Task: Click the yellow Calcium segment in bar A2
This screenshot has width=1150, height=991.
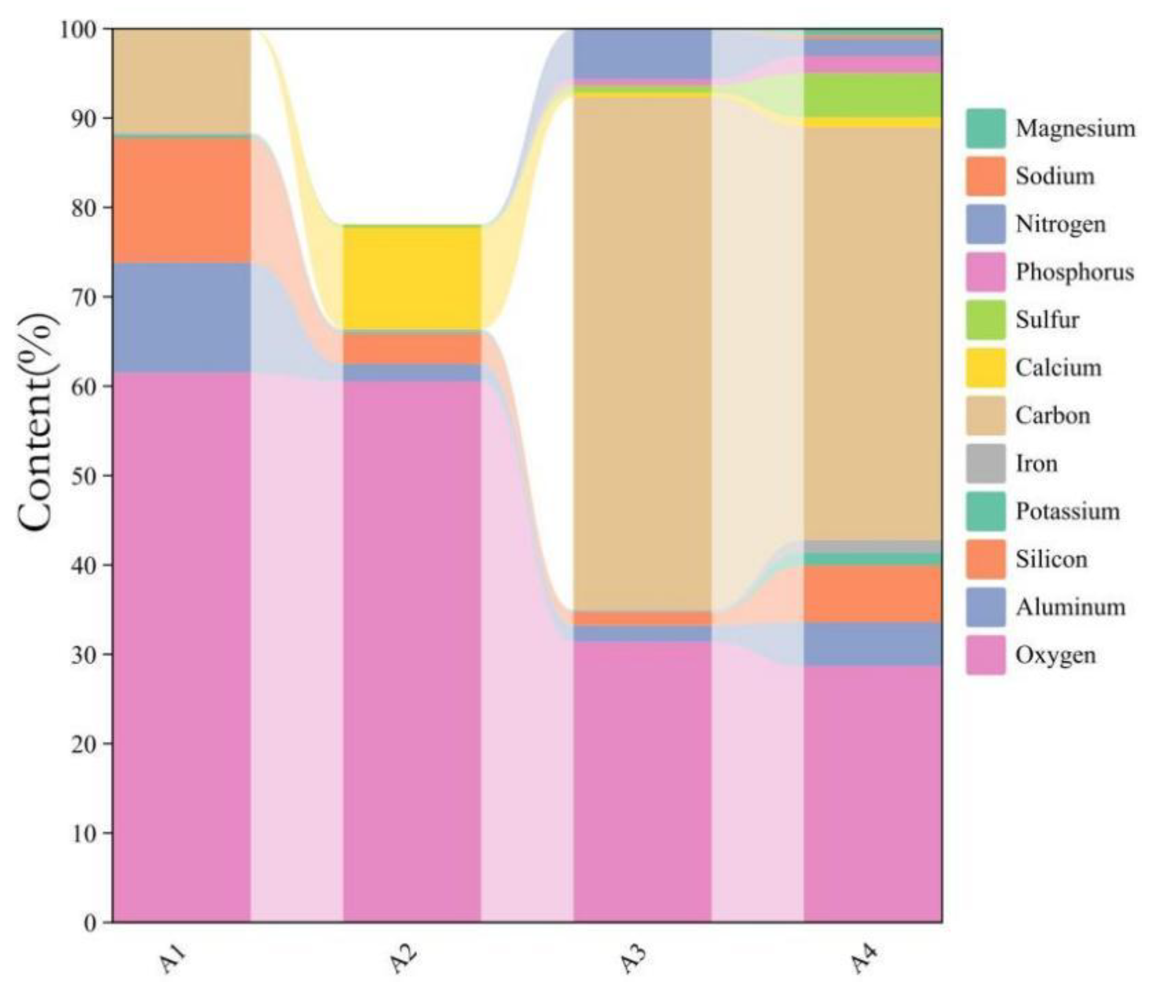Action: [x=411, y=278]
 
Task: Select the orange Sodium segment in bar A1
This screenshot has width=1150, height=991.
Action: [x=181, y=200]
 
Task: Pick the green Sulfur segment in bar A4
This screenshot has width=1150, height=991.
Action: [x=872, y=95]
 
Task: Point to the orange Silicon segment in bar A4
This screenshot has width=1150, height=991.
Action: [x=872, y=594]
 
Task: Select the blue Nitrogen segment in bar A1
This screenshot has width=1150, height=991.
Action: [x=181, y=318]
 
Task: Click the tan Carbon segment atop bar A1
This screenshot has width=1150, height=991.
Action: [x=181, y=80]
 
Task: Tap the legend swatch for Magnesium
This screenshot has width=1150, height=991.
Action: [x=985, y=129]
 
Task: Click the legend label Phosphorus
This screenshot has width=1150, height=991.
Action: [x=1074, y=272]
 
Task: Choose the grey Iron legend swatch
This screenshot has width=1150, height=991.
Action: [x=985, y=463]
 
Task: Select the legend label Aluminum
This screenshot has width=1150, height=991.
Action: [x=1069, y=607]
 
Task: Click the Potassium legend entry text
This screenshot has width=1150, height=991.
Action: [x=1067, y=511]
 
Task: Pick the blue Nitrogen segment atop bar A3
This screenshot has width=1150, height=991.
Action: [x=642, y=53]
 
